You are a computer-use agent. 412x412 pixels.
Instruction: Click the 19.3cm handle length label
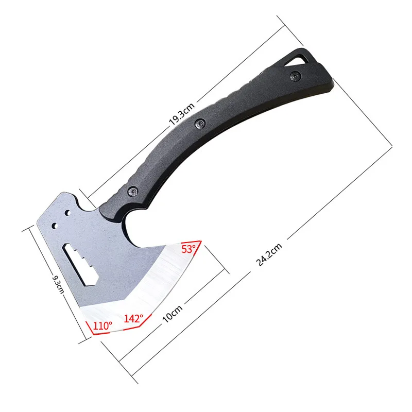click(181, 113)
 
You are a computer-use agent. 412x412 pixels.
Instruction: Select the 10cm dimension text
click(173, 313)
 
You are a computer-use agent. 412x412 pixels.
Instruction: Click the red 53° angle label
click(188, 249)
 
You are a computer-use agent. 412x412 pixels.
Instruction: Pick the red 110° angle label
click(102, 325)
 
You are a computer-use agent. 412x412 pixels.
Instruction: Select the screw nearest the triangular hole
click(295, 77)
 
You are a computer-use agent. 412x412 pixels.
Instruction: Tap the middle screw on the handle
click(200, 124)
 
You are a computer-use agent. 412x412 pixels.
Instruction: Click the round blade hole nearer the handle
click(68, 213)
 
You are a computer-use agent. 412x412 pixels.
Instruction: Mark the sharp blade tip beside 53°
click(200, 241)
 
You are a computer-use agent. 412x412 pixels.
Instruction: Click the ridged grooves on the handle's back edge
click(257, 82)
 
